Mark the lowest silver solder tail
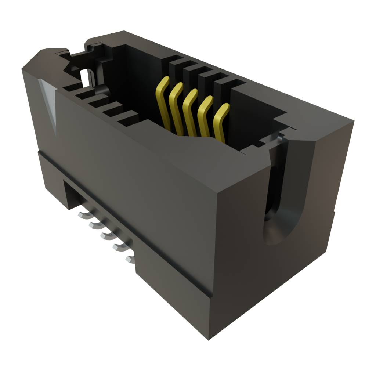pyautogui.click(x=129, y=258)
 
